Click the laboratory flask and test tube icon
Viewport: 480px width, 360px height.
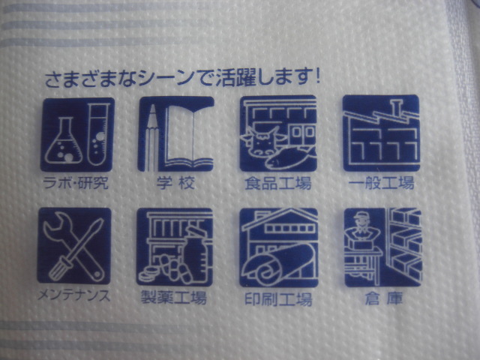(76, 134)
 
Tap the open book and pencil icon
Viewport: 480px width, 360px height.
(175, 134)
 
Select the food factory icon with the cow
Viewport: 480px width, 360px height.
(277, 134)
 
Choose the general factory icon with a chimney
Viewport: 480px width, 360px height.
(380, 133)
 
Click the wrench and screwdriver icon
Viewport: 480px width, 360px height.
(73, 245)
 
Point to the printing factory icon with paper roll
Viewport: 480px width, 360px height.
(278, 247)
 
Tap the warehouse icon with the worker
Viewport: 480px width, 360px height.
(382, 245)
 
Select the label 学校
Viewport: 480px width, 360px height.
(175, 182)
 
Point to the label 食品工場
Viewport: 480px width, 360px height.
(277, 183)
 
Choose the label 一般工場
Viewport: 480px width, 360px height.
(381, 182)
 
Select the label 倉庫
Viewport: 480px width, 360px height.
(382, 295)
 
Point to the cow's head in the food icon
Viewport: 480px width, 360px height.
(262, 141)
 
